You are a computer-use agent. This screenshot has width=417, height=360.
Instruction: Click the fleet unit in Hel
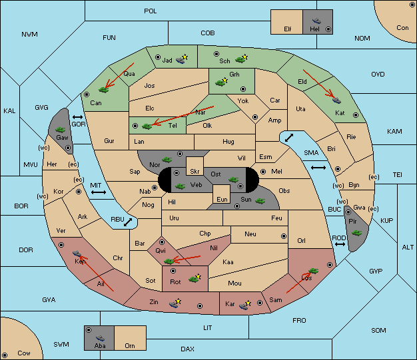[x=316, y=21]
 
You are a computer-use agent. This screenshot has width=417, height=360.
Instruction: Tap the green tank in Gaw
[x=61, y=130]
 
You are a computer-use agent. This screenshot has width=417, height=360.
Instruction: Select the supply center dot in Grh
[x=243, y=89]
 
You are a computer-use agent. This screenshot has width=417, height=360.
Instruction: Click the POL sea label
[x=151, y=11]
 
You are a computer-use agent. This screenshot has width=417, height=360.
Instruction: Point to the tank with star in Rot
[x=195, y=279]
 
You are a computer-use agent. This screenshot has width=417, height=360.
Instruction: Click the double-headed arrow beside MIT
[x=99, y=192]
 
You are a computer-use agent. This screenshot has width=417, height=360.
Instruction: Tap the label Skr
[x=195, y=172]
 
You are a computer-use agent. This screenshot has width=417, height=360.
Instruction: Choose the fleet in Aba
[x=101, y=338]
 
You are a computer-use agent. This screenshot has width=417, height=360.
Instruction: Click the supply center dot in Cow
[x=5, y=355]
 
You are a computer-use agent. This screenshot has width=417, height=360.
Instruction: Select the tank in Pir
[x=356, y=233]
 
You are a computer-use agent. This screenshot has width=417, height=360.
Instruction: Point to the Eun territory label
[x=222, y=199]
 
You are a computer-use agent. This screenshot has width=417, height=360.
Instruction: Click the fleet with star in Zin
[x=175, y=303]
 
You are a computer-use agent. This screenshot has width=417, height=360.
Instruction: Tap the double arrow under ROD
[x=340, y=244]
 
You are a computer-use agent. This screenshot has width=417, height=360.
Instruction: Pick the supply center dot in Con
[x=412, y=5]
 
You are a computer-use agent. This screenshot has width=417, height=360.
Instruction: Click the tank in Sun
[x=260, y=201]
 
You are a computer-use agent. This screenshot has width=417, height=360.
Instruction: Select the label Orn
[x=130, y=345]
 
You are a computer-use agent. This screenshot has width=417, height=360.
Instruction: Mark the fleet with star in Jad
[x=182, y=59]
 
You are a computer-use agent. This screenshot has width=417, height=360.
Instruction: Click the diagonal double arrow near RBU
[x=128, y=222]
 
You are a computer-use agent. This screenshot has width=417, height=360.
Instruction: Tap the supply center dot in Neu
[x=284, y=236]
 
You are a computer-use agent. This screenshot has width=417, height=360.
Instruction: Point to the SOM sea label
[x=378, y=330]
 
